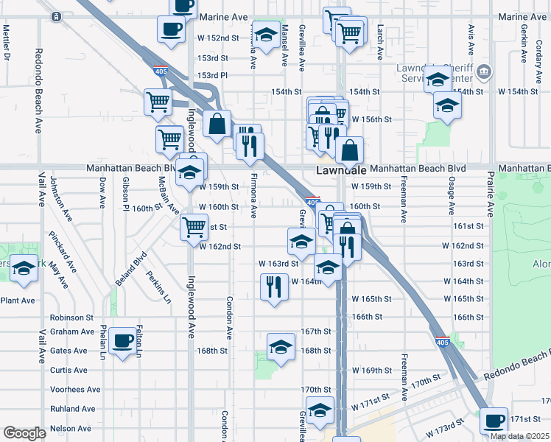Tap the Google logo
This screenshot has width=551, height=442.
24,433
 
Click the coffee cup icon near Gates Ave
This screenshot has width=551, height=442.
122,341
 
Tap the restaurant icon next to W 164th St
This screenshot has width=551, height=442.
274,287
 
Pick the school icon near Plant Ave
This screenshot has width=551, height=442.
24,270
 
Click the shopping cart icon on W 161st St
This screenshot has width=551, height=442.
194,225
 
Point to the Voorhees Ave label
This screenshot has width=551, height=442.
74,390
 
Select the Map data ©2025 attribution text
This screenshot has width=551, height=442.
519,436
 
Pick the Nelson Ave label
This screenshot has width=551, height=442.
71,428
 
